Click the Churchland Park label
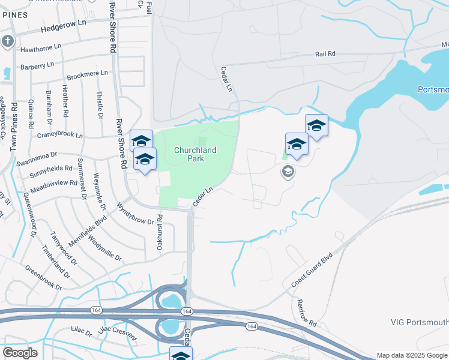(195, 154)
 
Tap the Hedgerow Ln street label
(64, 25)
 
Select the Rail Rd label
(325, 54)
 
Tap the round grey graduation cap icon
(288, 172)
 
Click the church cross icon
(7, 41)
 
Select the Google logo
(20, 353)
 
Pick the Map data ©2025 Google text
(411, 355)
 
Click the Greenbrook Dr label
(43, 278)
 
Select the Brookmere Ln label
(87, 74)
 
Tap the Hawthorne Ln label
(41, 47)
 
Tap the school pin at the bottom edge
(180, 355)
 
